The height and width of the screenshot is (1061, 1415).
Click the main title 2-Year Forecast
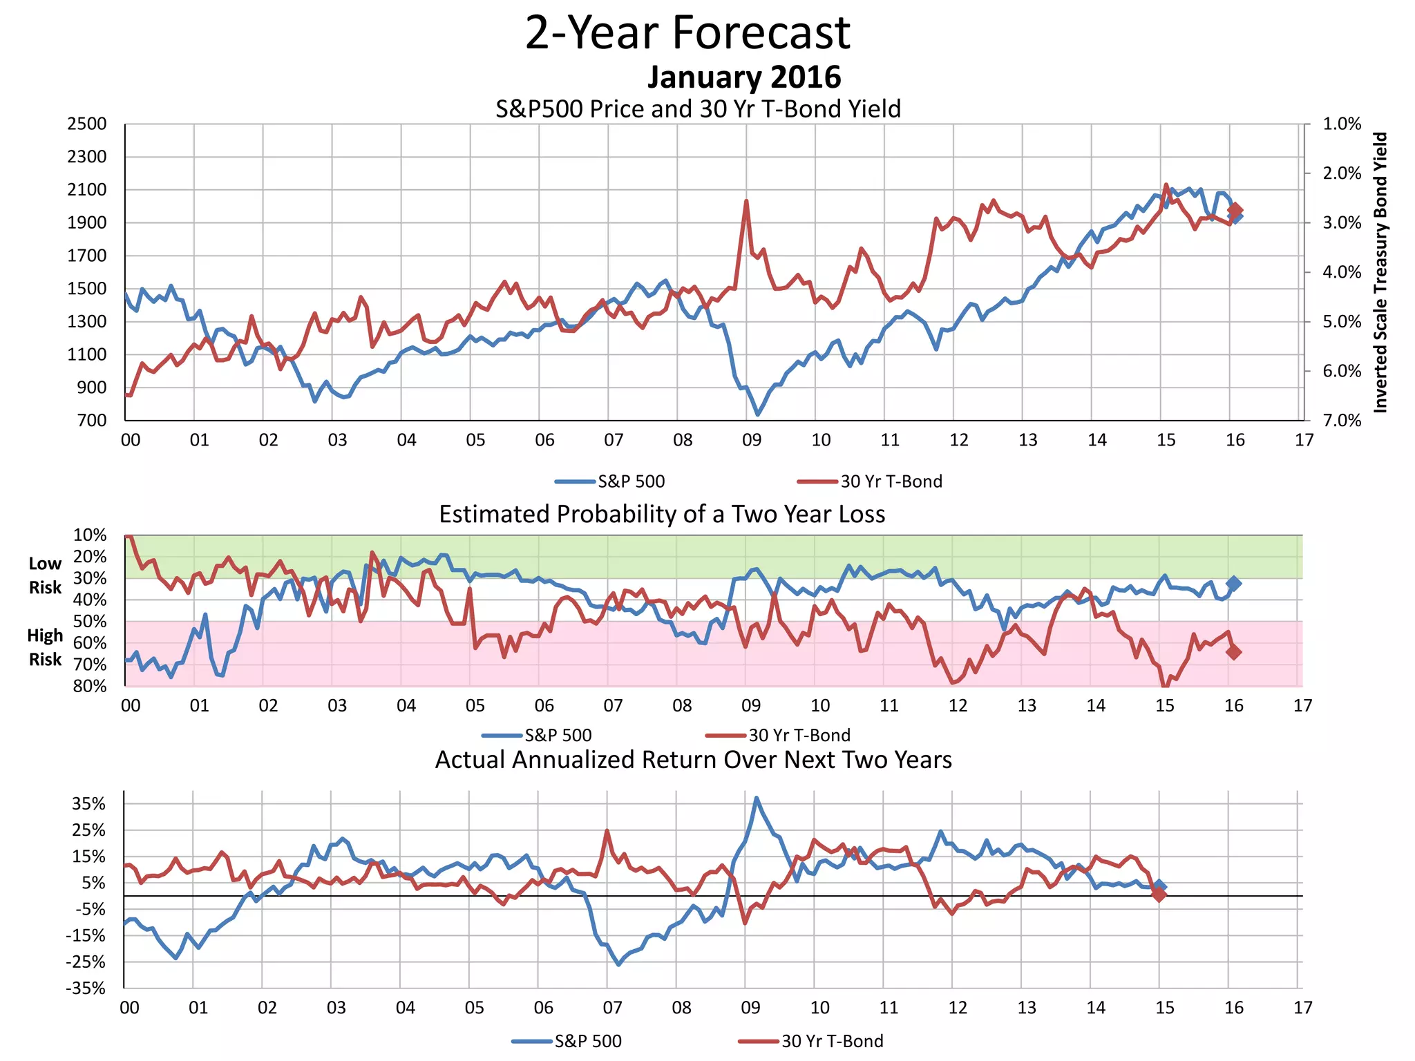(687, 32)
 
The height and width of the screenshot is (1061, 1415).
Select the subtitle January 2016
(743, 77)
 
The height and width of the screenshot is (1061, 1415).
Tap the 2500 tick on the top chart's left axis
(87, 124)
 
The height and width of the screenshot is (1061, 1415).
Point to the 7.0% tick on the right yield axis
(1342, 421)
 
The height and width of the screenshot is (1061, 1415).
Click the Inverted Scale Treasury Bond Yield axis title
(1380, 273)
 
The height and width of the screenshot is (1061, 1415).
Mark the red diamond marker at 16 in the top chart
(1235, 210)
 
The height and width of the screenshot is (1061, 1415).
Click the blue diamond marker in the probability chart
(1233, 584)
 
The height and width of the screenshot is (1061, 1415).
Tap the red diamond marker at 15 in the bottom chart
(1159, 895)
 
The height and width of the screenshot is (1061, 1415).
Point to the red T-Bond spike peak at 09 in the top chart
(746, 201)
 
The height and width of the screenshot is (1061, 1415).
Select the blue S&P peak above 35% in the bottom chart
(757, 798)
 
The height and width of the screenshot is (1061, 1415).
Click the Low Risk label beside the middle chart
(45, 575)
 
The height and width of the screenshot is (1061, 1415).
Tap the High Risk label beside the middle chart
(45, 647)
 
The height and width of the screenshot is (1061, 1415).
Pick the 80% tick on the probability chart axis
(90, 686)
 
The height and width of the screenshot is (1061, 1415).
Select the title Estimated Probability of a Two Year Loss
(662, 515)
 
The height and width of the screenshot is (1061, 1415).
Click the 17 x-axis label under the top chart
(1304, 440)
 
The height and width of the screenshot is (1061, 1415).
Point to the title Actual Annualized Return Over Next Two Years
(693, 760)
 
